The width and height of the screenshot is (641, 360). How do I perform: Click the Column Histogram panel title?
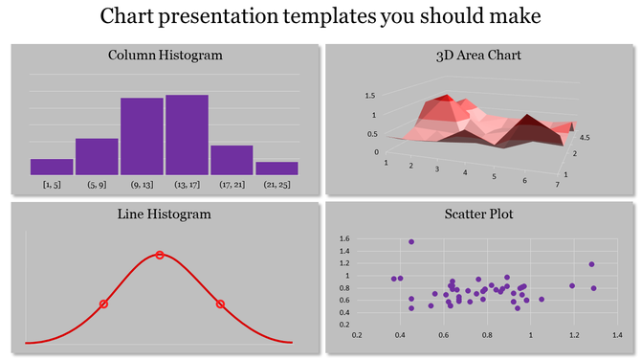(165, 56)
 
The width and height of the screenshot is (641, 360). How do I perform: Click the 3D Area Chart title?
(477, 56)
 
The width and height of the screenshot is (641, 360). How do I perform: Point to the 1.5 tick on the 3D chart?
(369, 96)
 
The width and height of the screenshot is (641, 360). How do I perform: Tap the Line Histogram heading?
(165, 214)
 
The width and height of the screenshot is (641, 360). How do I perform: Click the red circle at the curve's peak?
(160, 255)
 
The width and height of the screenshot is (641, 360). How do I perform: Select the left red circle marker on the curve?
(103, 304)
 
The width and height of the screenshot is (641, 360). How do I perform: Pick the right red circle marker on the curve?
(220, 304)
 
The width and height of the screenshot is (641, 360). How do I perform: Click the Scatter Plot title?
(477, 214)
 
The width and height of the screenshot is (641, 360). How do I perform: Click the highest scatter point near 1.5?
(411, 242)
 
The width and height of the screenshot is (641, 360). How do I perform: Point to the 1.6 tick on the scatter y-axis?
(344, 238)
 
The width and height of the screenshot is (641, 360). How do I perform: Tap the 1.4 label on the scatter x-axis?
(617, 336)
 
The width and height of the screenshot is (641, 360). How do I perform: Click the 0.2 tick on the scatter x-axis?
(358, 336)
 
